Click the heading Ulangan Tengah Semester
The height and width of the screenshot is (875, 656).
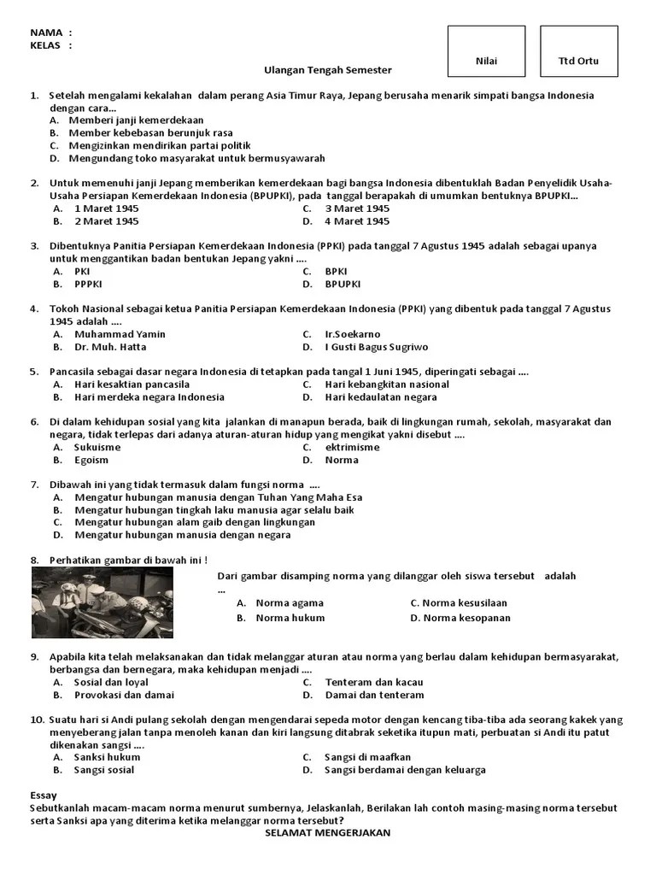pos(327,70)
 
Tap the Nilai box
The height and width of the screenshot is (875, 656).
pos(486,61)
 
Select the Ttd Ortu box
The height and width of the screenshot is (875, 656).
pos(578,61)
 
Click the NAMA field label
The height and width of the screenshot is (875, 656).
pos(46,32)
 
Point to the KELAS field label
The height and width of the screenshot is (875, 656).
pos(46,45)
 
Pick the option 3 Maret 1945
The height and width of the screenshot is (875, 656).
pos(357,208)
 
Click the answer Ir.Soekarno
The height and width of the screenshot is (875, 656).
pos(353,334)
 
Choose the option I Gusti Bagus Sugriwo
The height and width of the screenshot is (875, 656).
pos(377,347)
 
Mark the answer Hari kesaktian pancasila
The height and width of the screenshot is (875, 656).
pos(132,385)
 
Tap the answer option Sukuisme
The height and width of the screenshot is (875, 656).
pos(97,447)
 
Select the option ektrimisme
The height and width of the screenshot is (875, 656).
pos(352,447)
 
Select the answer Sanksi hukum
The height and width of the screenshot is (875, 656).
pos(107,757)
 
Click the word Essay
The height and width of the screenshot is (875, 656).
pos(44,795)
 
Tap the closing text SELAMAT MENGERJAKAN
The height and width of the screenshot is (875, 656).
pos(327,832)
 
